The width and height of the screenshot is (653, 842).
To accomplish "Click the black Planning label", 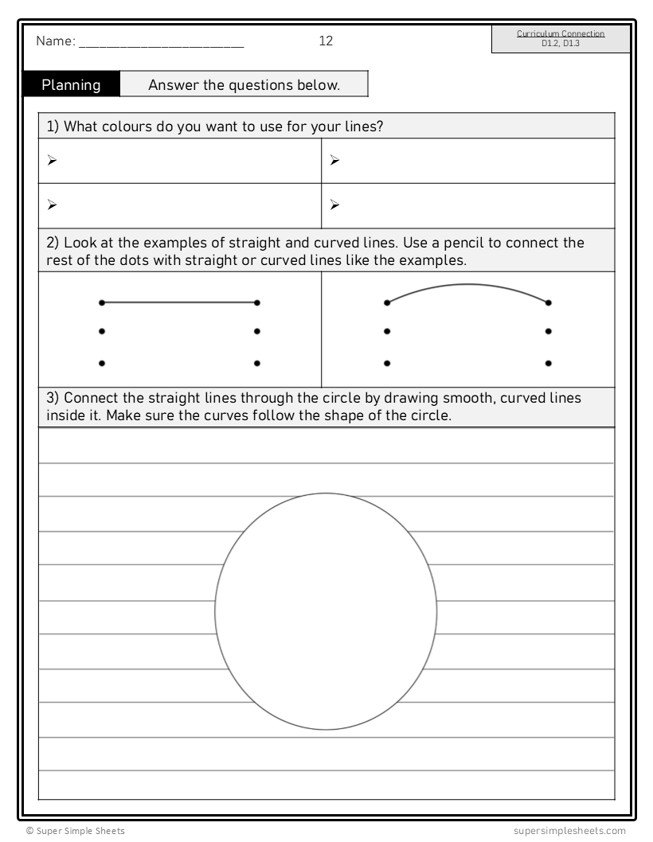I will pyautogui.click(x=71, y=85).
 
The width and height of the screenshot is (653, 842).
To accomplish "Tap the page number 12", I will pyautogui.click(x=326, y=41).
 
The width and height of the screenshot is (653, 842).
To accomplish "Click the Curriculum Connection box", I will pyautogui.click(x=561, y=38).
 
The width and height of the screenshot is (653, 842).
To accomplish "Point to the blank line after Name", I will pyautogui.click(x=162, y=46).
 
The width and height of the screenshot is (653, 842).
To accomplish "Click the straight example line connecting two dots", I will pyautogui.click(x=179, y=302).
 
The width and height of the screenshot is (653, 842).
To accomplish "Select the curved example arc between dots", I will pyautogui.click(x=467, y=286).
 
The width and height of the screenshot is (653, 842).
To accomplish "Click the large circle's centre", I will pyautogui.click(x=326, y=611).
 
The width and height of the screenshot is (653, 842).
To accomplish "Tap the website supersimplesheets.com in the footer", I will pyautogui.click(x=570, y=831).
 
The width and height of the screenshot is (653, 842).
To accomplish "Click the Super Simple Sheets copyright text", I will pyautogui.click(x=75, y=831).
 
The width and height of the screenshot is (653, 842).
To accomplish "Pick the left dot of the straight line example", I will pyautogui.click(x=101, y=302).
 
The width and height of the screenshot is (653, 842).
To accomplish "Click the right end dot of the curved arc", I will pyautogui.click(x=549, y=302).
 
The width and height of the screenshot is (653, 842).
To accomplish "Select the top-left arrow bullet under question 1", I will pyautogui.click(x=52, y=161).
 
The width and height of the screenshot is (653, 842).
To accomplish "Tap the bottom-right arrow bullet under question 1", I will pyautogui.click(x=334, y=205).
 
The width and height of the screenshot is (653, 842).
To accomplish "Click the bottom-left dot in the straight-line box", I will pyautogui.click(x=101, y=363).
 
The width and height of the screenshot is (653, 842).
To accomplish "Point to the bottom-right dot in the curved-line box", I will pyautogui.click(x=549, y=363).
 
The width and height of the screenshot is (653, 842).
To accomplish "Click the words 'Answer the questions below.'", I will pyautogui.click(x=244, y=85).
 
